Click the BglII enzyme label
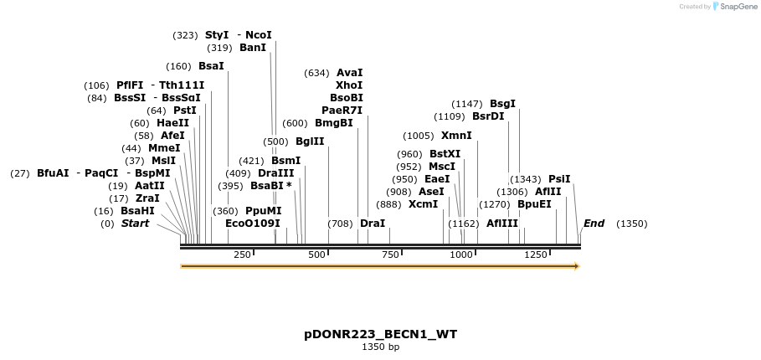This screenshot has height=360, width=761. click(x=310, y=141)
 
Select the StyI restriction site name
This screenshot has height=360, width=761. click(x=217, y=35)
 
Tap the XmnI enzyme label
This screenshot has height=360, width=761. click(x=456, y=136)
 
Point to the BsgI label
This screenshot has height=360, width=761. click(x=502, y=104)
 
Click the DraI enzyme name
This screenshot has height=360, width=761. click(x=373, y=224)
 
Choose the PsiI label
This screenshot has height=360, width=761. click(x=559, y=179)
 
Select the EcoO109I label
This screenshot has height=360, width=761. click(x=253, y=224)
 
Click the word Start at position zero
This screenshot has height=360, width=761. click(x=135, y=224)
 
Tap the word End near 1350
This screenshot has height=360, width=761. click(x=594, y=224)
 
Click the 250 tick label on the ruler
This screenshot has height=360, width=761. click(x=242, y=255)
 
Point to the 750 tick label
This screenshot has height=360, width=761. click(x=390, y=255)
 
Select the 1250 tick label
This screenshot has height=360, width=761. click(x=536, y=255)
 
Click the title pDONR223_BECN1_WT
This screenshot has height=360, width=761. click(x=380, y=334)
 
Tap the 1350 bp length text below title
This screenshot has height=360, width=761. click(x=380, y=347)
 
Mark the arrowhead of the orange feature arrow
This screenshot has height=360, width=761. click(x=576, y=266)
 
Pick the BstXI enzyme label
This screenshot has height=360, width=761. click(x=445, y=154)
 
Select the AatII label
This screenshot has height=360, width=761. click(x=150, y=186)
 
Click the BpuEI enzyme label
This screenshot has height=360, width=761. click(x=534, y=203)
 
